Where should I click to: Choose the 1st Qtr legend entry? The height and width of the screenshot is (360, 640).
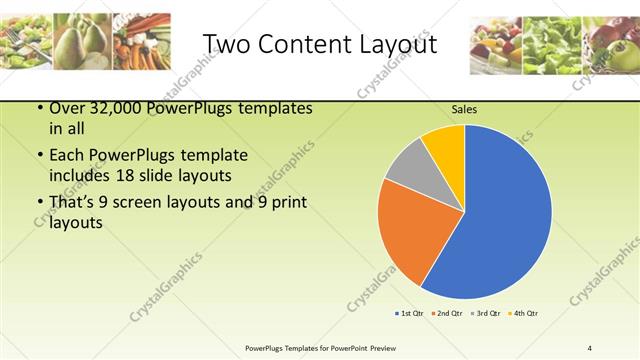point(411,314)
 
